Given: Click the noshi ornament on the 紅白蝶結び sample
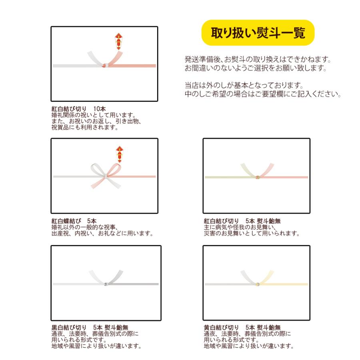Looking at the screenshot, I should point(119,153).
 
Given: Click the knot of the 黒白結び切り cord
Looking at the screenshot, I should point(106,284).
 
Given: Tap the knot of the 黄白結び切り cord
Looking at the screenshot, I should point(258,284).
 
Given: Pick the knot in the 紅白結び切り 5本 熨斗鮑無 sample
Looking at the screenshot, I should point(258,176).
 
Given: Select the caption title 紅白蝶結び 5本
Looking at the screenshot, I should point(74,221).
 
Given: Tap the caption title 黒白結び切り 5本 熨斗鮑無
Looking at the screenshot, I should point(90,327).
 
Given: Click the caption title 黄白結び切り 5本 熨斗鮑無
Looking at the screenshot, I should point(242,327).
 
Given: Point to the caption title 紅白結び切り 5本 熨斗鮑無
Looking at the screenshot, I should point(242,221).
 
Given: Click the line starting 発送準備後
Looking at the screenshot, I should point(258,60).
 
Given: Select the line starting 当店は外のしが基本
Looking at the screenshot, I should point(244,86).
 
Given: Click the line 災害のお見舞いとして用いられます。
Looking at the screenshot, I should point(252,234).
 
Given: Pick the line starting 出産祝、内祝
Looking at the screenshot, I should point(102,234).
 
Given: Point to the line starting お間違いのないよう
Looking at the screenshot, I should point(256,68).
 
